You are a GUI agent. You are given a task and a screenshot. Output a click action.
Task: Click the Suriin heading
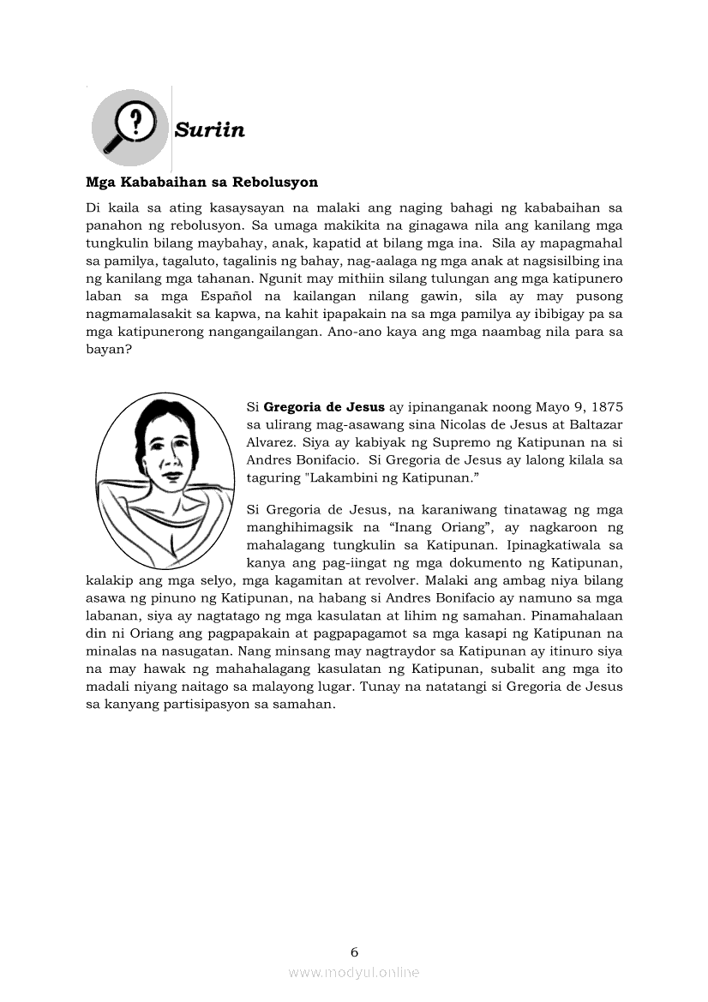tap(209, 130)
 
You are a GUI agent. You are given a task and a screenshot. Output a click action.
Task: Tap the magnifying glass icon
tap(129, 127)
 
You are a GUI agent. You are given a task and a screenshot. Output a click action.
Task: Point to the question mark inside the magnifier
tap(135, 120)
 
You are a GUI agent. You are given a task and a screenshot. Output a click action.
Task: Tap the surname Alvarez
tap(270, 443)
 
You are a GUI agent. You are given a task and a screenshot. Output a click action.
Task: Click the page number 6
tap(354, 951)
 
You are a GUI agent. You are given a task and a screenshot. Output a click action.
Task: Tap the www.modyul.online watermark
tap(354, 972)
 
